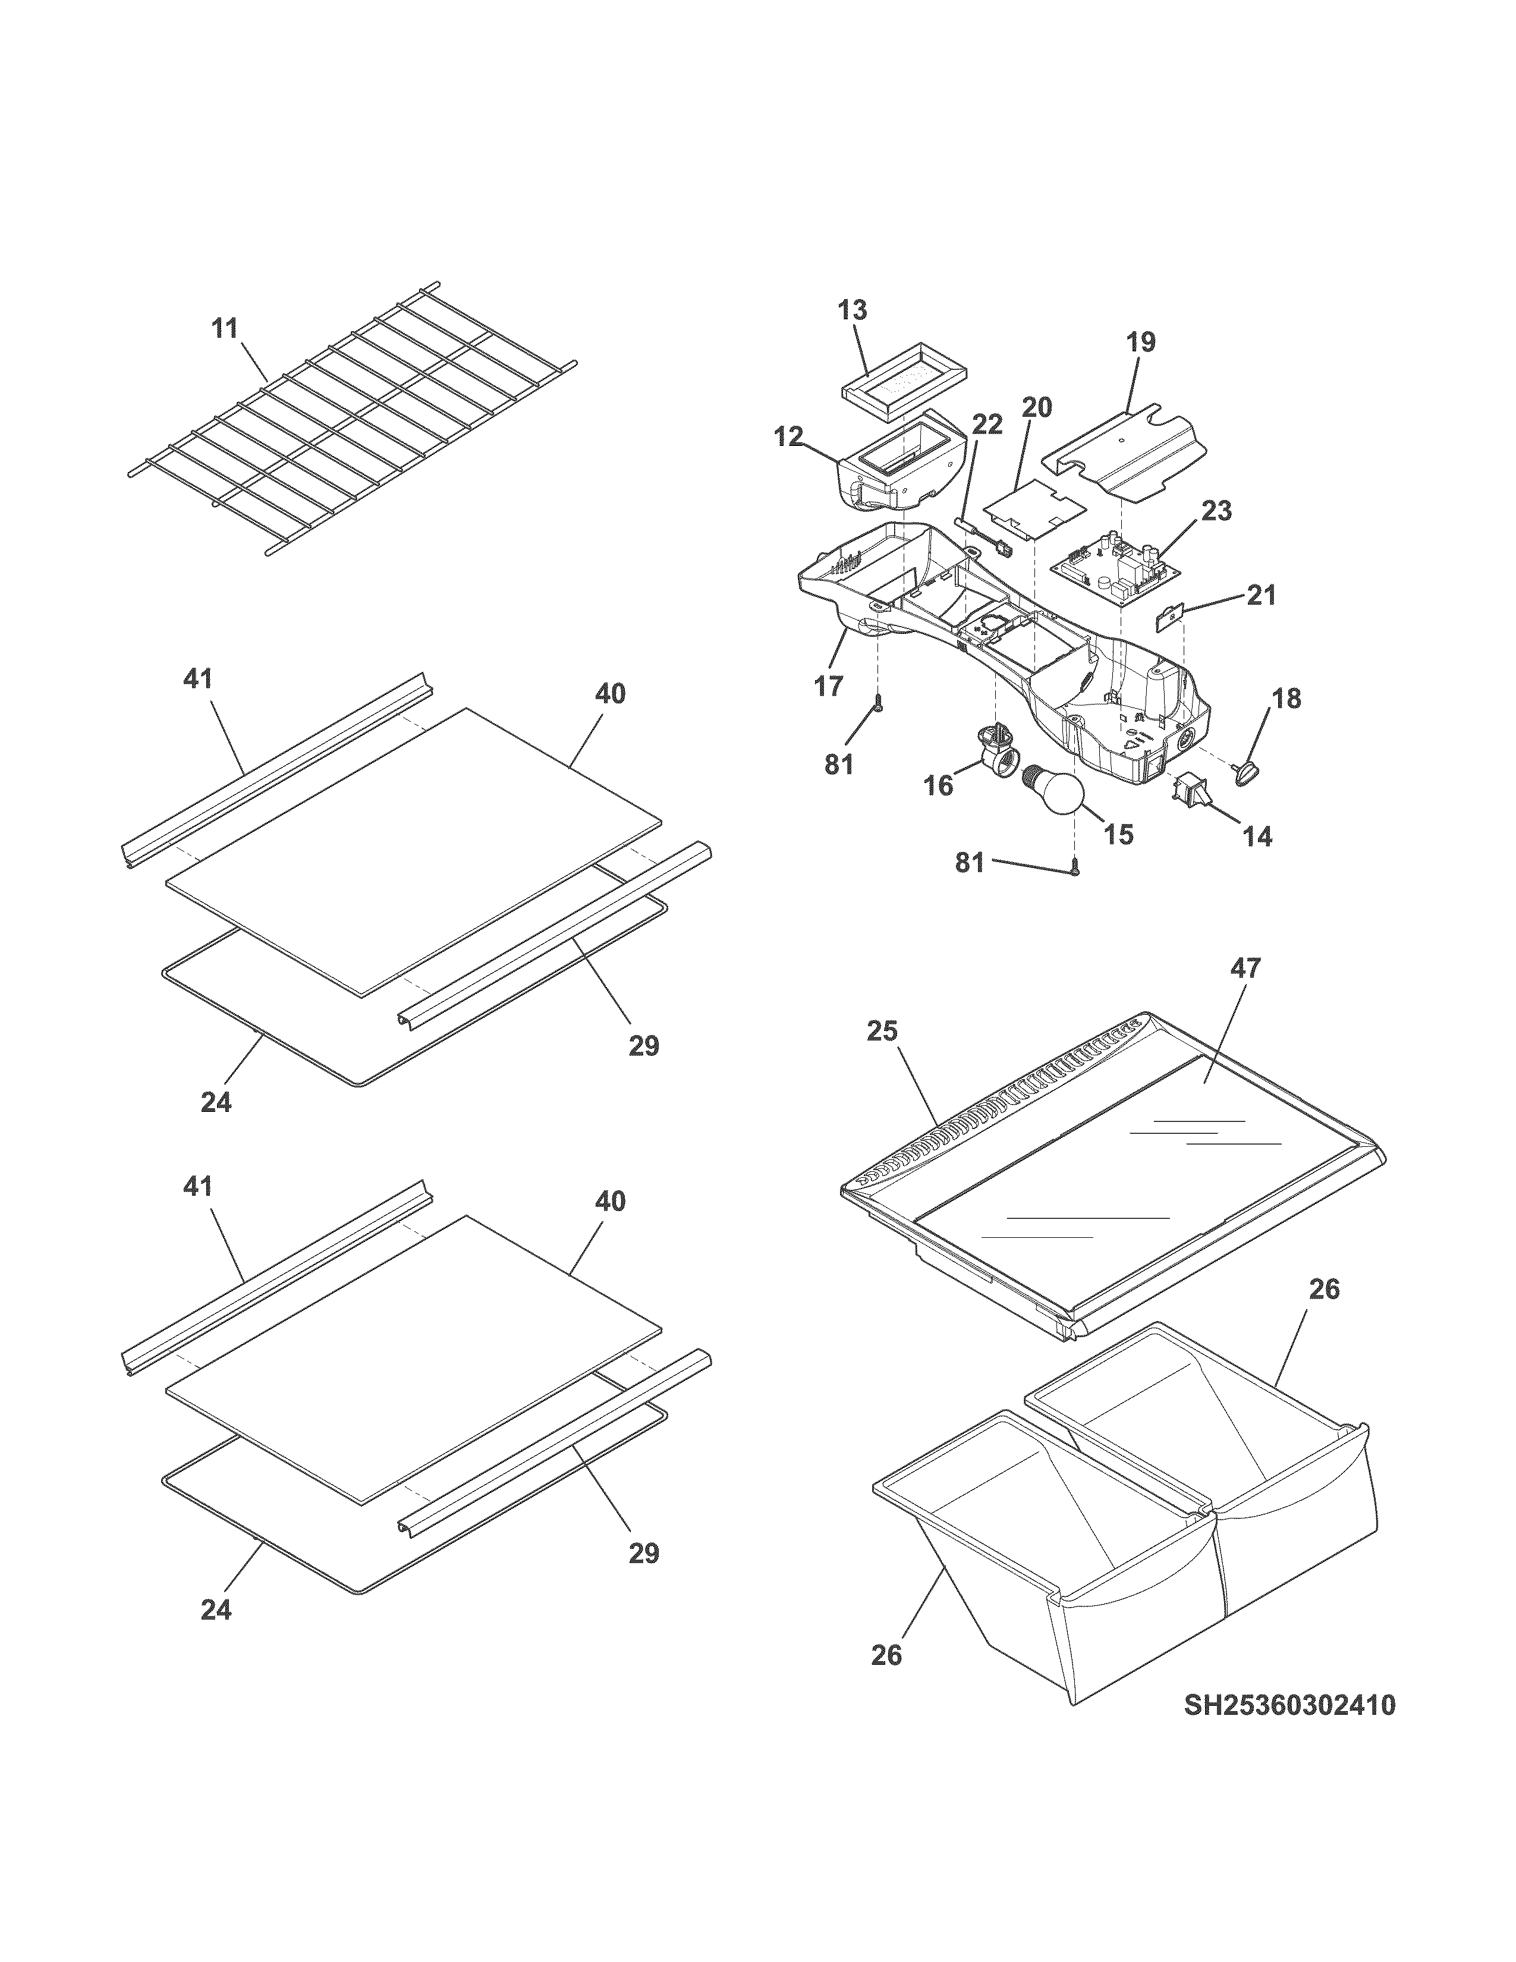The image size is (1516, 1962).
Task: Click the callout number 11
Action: click(225, 329)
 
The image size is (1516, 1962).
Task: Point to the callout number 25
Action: click(882, 1032)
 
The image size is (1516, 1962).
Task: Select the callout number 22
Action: click(987, 424)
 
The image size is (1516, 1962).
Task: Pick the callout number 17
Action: click(828, 686)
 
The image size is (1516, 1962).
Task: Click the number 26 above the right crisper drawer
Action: click(1324, 1289)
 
